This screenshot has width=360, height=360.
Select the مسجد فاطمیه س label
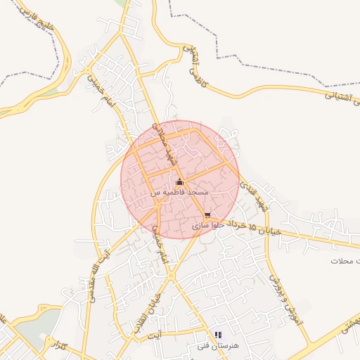pyautogui.click(x=179, y=192)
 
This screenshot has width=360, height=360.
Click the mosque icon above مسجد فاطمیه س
pyautogui.click(x=179, y=183)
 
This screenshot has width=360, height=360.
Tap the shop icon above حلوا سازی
pyautogui.click(x=207, y=215)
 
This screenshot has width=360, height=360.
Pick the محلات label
pyautogui.click(x=345, y=261)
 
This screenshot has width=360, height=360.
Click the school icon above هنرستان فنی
pyautogui.click(x=217, y=334)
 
